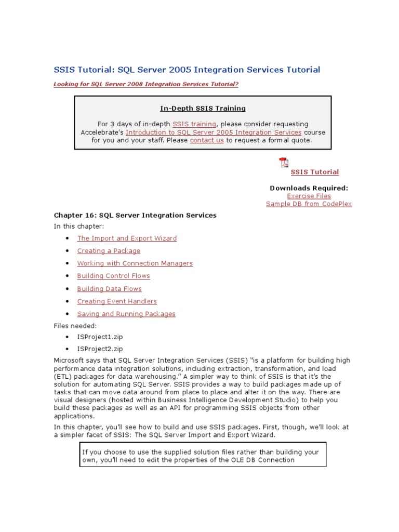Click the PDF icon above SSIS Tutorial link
(x=284, y=163)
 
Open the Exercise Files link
(x=309, y=196)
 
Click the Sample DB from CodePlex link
(x=309, y=204)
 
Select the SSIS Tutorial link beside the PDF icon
(x=314, y=172)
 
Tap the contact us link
(x=207, y=140)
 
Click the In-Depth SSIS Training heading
(x=202, y=109)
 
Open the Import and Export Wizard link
(x=127, y=238)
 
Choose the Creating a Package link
(x=109, y=251)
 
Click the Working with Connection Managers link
(x=135, y=263)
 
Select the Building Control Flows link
(x=113, y=276)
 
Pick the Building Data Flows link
(x=109, y=289)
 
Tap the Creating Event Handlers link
(x=117, y=301)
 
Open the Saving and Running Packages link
(x=126, y=314)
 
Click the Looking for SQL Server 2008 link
(x=146, y=84)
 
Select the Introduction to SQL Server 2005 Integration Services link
(x=214, y=132)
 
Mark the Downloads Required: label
(x=309, y=188)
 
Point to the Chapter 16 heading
(x=135, y=215)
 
